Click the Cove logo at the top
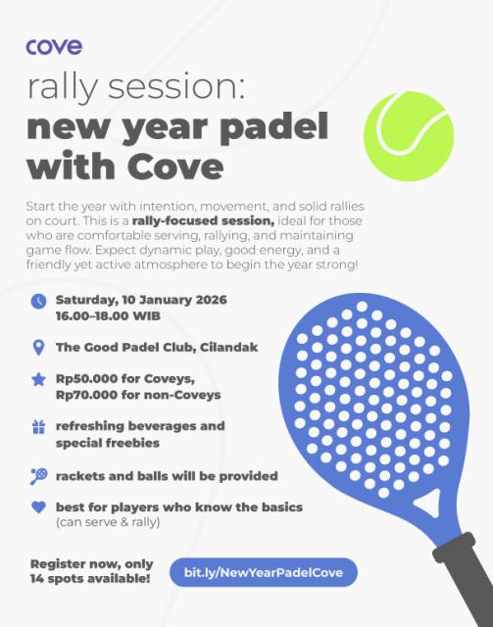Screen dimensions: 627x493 tap(54, 46)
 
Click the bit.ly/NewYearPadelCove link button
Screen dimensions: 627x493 tap(257, 572)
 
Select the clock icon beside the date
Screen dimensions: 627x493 tap(39, 301)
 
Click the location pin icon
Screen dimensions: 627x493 tap(39, 347)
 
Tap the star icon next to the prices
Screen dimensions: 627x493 tap(39, 379)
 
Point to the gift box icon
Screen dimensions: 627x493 tap(39, 427)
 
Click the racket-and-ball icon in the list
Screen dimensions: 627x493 tap(39, 475)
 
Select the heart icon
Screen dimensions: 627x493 tap(39, 507)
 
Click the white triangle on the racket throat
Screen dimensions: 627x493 tap(424, 502)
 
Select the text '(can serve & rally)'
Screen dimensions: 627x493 tap(109, 523)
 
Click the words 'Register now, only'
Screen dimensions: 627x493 tap(90, 564)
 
